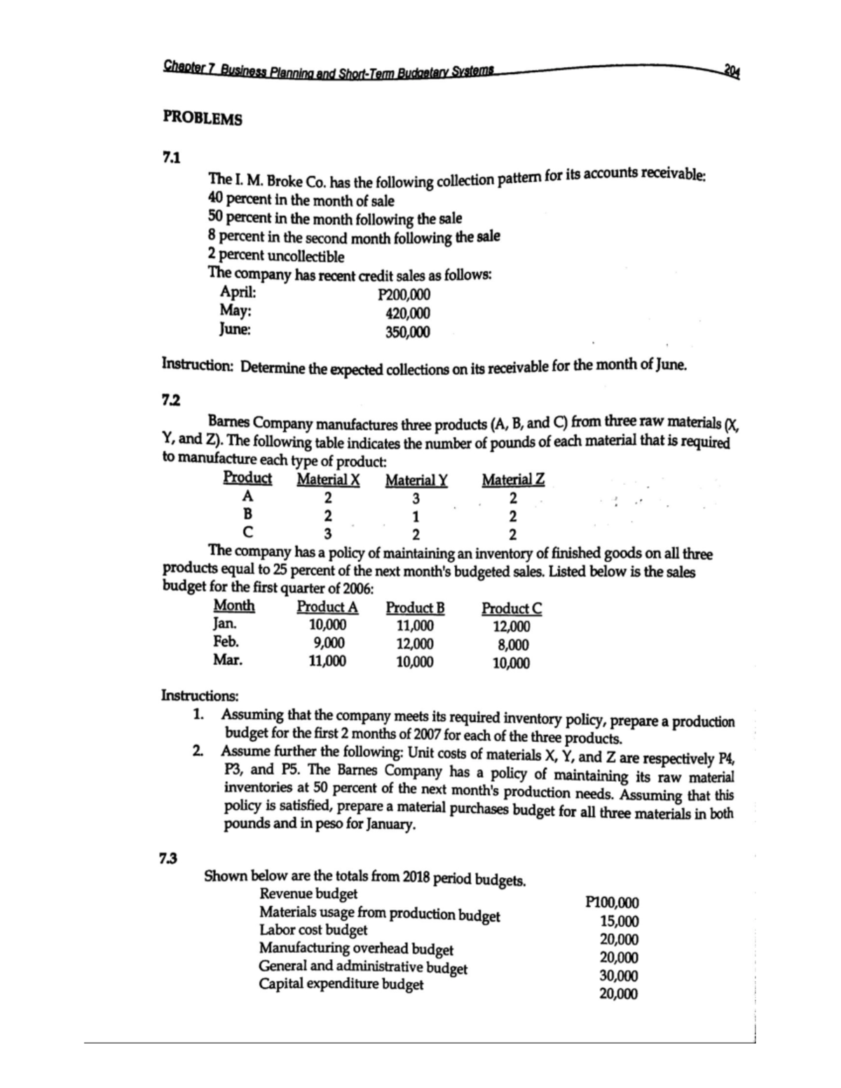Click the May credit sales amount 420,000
[x=408, y=314]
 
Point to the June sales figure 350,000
[x=408, y=332]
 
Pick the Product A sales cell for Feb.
[x=327, y=643]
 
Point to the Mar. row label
[x=228, y=660]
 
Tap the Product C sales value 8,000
[x=512, y=645]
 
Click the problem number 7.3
[x=168, y=858]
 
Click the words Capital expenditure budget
[x=341, y=984]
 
